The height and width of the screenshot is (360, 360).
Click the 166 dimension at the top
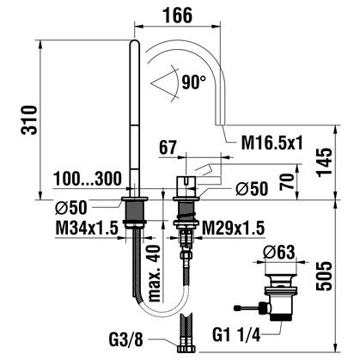pyautogui.click(x=178, y=15)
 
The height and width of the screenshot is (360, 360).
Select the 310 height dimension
pyautogui.click(x=29, y=120)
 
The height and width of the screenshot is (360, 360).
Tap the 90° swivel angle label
pyautogui.click(x=193, y=82)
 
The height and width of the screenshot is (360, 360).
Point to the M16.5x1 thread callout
pyautogui.click(x=272, y=143)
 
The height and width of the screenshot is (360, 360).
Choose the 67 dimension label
pyautogui.click(x=168, y=148)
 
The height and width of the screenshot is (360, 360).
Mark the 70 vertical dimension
pyautogui.click(x=287, y=181)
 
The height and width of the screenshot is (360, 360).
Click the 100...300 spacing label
pyautogui.click(x=88, y=179)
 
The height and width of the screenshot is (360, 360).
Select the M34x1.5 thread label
pyautogui.click(x=87, y=229)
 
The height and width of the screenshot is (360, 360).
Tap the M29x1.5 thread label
pyautogui.click(x=233, y=228)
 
